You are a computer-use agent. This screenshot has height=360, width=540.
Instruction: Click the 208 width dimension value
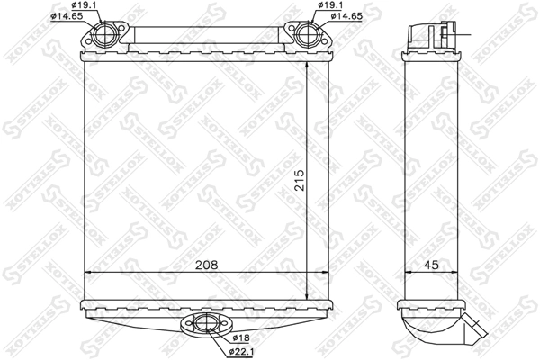tap(205, 265)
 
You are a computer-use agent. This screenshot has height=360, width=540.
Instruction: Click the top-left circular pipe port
tap(104, 38)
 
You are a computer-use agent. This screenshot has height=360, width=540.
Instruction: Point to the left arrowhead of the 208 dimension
tap(87, 272)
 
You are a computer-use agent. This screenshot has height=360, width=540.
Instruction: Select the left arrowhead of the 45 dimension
tap(405, 272)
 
